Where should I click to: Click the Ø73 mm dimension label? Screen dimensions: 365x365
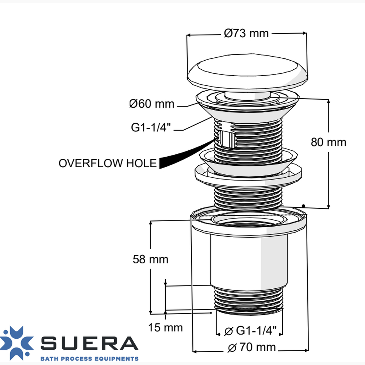(x=246, y=33)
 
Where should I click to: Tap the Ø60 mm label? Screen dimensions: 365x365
(x=152, y=104)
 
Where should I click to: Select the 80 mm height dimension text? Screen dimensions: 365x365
(x=328, y=142)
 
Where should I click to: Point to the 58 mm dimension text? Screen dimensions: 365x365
(x=150, y=259)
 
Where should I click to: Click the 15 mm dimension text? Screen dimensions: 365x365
(x=165, y=327)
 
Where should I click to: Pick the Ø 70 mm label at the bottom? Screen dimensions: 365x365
(x=251, y=347)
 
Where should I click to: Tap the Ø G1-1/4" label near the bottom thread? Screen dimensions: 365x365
(x=250, y=331)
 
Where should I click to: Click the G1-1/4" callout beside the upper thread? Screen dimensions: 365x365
(x=151, y=127)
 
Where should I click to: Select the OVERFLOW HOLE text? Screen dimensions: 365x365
(x=108, y=163)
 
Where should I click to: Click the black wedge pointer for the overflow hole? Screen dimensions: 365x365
(x=184, y=155)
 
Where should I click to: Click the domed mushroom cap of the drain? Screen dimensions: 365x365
(x=247, y=72)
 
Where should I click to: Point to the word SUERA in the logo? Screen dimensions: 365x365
(x=90, y=343)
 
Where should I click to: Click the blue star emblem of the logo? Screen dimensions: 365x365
(x=16, y=343)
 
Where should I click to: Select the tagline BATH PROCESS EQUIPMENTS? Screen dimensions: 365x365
(x=90, y=358)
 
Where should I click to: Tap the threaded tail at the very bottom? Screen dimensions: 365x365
(x=249, y=300)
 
